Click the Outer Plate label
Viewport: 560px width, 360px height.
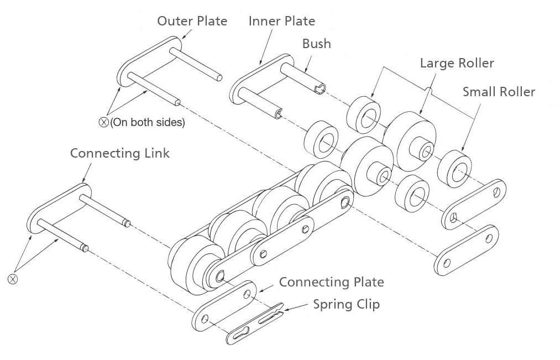(x=192, y=20)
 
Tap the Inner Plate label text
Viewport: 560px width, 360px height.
(x=282, y=20)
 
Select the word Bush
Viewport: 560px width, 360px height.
(x=316, y=44)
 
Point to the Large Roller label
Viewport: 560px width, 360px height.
(x=457, y=63)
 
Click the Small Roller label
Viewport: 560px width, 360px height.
(x=499, y=92)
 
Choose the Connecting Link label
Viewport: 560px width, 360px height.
(x=119, y=153)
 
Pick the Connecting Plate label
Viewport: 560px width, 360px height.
(x=332, y=282)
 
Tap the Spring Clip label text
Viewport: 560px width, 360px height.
(x=347, y=305)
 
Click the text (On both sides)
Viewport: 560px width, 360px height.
(x=148, y=123)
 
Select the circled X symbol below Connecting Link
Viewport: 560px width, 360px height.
(x=13, y=279)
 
